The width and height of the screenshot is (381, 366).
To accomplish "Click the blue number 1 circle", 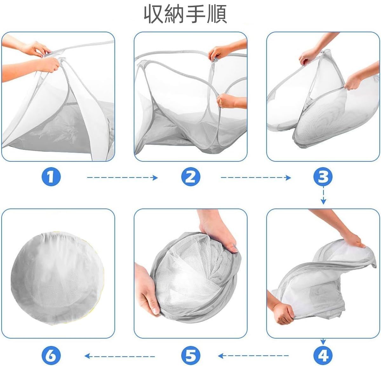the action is pyautogui.click(x=51, y=177).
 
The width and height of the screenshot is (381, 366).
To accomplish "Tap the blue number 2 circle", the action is pyautogui.click(x=190, y=177).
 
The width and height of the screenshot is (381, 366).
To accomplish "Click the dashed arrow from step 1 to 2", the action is pyautogui.click(x=122, y=178).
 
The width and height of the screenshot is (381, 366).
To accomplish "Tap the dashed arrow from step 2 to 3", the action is pyautogui.click(x=256, y=178).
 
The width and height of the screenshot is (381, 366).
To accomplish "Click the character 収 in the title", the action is pyautogui.click(x=154, y=14).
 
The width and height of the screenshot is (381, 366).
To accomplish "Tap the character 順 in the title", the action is pyautogui.click(x=217, y=14).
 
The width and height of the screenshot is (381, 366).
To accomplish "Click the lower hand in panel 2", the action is pyautogui.click(x=227, y=101).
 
